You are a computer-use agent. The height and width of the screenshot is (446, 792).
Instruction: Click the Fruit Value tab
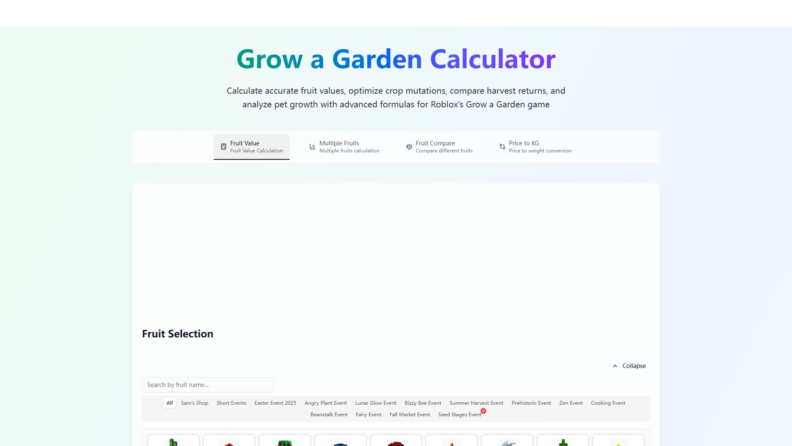[252, 147]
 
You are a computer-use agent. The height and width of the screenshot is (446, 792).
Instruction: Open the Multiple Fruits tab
[344, 147]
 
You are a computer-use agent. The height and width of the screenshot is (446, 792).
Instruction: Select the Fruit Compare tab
[439, 147]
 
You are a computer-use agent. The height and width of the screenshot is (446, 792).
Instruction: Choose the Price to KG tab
[535, 147]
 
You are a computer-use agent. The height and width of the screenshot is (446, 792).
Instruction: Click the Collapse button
[629, 366]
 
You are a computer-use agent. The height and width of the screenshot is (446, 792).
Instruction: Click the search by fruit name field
[208, 385]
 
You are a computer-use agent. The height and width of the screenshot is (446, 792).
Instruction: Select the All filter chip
[170, 403]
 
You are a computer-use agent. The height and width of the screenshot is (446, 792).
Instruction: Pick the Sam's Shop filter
[195, 403]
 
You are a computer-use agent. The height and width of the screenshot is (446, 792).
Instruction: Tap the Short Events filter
[231, 403]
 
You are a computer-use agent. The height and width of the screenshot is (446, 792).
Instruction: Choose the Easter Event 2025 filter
[275, 403]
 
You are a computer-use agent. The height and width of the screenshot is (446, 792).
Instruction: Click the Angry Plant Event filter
[325, 403]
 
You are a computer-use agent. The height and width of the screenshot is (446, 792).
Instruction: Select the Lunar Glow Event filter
[376, 403]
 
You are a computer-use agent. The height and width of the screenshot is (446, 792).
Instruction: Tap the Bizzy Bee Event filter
[423, 403]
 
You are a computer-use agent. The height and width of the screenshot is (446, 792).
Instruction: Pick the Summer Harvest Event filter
[476, 403]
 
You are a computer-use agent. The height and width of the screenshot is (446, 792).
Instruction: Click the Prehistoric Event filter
[531, 403]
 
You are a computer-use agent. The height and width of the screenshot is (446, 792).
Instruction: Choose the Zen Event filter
[571, 403]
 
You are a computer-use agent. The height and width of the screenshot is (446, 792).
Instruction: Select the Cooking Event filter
[608, 403]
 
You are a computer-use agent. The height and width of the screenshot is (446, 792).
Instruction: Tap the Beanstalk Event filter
[329, 415]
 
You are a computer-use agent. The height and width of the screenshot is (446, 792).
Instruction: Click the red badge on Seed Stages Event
[483, 411]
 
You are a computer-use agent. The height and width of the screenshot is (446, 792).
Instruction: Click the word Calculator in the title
[493, 59]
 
